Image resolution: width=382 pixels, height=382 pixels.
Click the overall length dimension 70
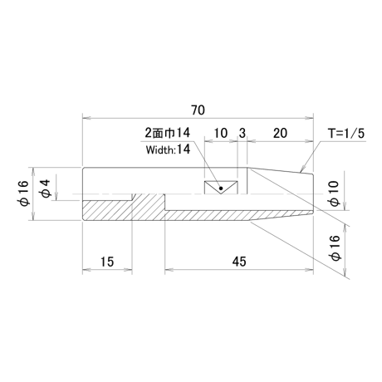click(x=198, y=110)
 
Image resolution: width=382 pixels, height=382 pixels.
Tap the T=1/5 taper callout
click(x=346, y=134)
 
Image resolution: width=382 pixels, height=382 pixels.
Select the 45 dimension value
click(x=239, y=262)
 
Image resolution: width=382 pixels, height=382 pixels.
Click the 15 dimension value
click(x=107, y=262)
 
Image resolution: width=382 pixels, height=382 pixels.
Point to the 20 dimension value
click(x=280, y=133)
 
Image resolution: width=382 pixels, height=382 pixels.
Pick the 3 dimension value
click(x=242, y=133)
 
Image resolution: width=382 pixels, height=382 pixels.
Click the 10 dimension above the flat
click(x=221, y=133)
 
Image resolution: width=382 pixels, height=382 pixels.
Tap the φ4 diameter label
click(x=46, y=189)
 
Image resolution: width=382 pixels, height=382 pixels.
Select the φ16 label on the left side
click(x=23, y=193)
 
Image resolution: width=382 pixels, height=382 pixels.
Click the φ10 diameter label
click(x=334, y=193)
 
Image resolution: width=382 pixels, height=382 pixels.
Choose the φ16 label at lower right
click(x=335, y=247)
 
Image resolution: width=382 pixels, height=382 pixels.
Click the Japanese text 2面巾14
click(x=168, y=133)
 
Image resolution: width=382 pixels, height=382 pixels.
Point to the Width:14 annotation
click(x=169, y=149)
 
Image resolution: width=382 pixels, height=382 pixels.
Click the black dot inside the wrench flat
click(x=221, y=189)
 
